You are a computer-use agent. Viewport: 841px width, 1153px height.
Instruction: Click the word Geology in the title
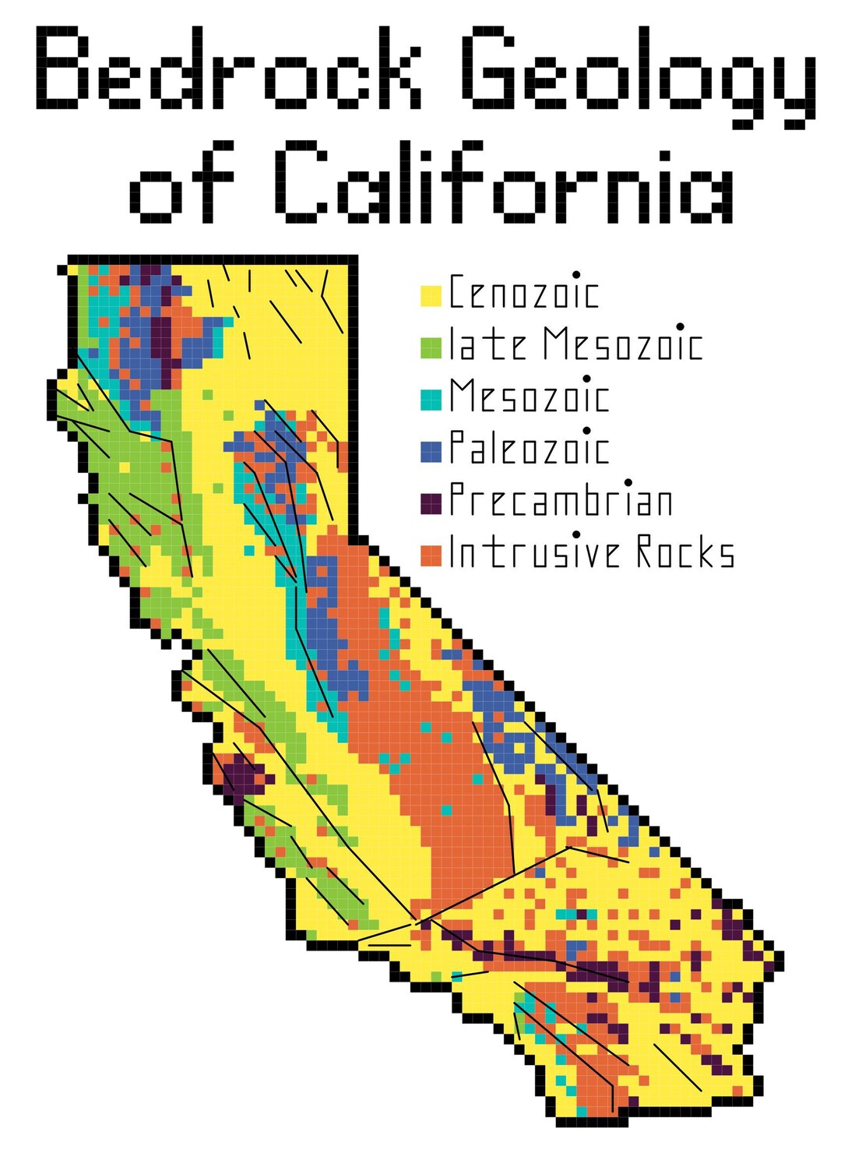coord(639,74)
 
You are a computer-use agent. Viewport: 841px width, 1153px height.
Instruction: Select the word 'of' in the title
coord(181,183)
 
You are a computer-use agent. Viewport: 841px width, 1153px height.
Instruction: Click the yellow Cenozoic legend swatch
coord(431,296)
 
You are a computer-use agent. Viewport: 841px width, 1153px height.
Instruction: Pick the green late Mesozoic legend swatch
coord(431,347)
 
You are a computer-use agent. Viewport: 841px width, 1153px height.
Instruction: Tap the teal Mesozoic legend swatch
coord(431,399)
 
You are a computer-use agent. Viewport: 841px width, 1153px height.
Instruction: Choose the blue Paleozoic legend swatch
coord(431,451)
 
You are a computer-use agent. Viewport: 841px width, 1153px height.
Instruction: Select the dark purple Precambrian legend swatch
coord(431,503)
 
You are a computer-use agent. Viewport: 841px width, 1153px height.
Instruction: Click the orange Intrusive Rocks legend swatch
coord(431,555)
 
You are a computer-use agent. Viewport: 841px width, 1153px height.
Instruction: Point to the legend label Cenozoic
coord(523,294)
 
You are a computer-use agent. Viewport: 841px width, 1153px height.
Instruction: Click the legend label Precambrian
coord(561,500)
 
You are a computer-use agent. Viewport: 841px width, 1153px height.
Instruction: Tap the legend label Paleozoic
coord(529,449)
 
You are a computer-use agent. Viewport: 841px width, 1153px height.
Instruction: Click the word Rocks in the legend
coord(685,552)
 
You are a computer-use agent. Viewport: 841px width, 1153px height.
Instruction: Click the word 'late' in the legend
coord(488,345)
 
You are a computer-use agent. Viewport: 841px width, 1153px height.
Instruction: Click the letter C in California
coord(301,183)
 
